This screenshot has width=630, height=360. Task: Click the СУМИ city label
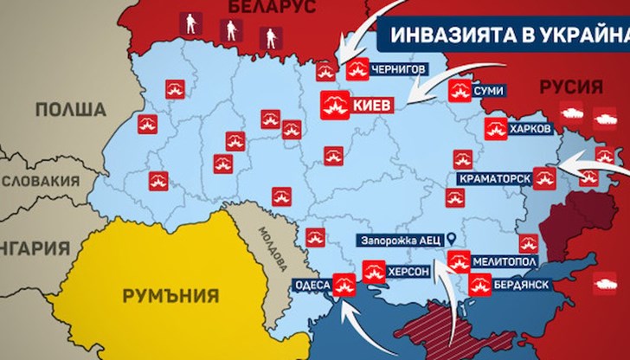pyautogui.click(x=489, y=90)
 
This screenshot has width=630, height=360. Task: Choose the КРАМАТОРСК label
pyautogui.click(x=490, y=178)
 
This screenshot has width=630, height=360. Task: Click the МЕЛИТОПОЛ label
pyautogui.click(x=508, y=260)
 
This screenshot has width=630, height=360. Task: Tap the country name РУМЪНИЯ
pyautogui.click(x=170, y=296)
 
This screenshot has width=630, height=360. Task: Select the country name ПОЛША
pyautogui.click(x=71, y=110)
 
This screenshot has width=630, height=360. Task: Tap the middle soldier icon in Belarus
pyautogui.click(x=231, y=31)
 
